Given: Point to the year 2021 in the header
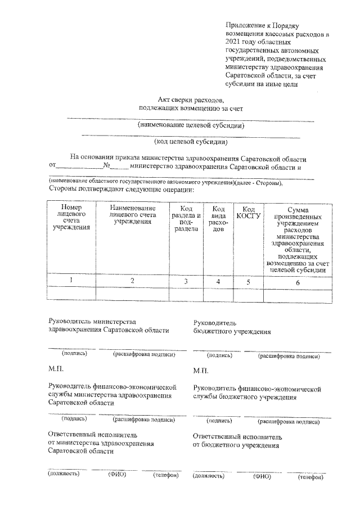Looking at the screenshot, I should [x=233, y=42].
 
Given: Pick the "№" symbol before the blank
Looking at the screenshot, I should [x=106, y=166].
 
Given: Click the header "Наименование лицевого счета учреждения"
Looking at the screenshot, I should [x=133, y=215].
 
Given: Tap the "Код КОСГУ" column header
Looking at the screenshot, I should [x=248, y=211].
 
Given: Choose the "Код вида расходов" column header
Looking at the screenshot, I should [x=218, y=219].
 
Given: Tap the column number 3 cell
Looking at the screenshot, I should [x=186, y=281].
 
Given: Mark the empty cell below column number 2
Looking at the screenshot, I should [x=133, y=293].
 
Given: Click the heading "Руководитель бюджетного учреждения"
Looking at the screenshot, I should [x=232, y=327].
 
